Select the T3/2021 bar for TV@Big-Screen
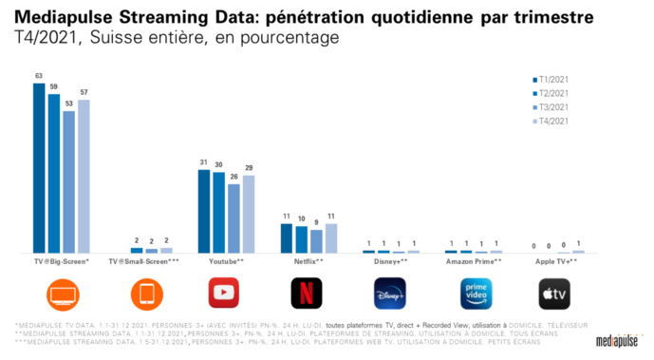pyautogui.click(x=68, y=181)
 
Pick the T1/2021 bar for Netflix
pyautogui.click(x=287, y=237)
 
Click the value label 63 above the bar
pyautogui.click(x=39, y=77)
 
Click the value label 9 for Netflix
pyautogui.click(x=315, y=221)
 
